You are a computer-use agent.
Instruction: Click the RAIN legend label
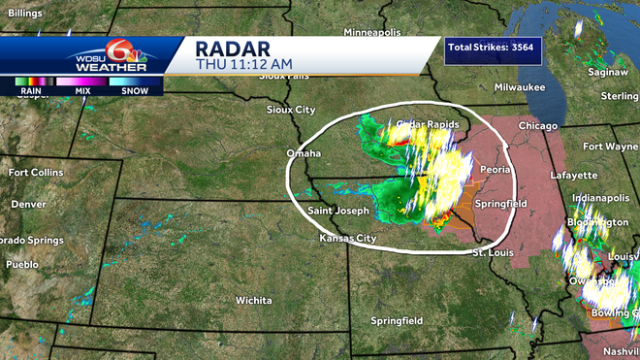point(30,91)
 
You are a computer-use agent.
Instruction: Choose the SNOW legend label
point(134,91)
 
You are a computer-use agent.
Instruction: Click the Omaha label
point(304,153)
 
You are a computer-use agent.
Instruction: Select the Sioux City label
point(292,110)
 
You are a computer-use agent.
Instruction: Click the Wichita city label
point(253,300)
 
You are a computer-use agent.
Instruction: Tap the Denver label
point(28,205)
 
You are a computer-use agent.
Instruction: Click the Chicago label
point(537,126)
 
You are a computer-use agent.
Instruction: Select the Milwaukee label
point(520,87)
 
